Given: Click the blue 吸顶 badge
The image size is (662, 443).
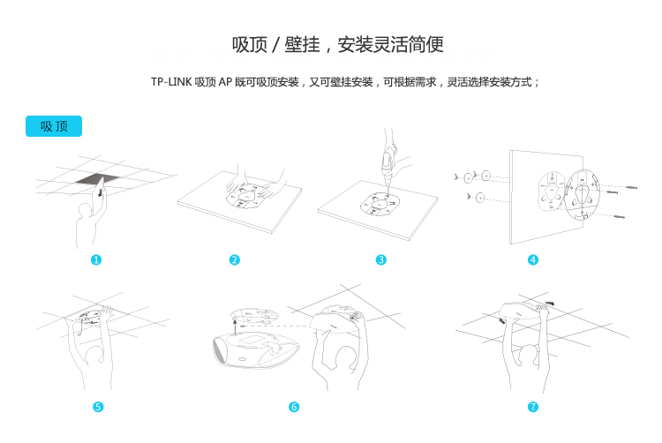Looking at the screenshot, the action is click(54, 126).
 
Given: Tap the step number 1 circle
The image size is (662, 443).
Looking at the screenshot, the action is click(96, 260).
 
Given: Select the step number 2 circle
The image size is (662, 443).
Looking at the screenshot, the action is click(234, 260).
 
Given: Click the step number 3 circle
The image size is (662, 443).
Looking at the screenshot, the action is click(380, 260).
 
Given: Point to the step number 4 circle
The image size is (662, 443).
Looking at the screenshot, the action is click(533, 260).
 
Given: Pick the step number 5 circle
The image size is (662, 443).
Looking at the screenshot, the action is click(98, 407).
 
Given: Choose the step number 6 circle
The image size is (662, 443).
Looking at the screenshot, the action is click(294, 407).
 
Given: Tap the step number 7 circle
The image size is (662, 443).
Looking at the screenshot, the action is click(533, 407).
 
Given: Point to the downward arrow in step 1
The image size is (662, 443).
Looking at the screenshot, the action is click(100, 192).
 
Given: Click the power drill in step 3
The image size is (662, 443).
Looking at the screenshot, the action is click(387, 164).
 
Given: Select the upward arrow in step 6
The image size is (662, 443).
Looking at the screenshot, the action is click(235, 327).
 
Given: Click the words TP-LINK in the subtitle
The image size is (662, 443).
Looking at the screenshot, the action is click(171, 82).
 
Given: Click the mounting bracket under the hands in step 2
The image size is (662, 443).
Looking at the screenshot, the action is click(246, 198).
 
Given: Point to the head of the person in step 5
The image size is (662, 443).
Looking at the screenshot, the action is click(94, 356).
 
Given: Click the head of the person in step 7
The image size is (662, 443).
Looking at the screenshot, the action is click(530, 355).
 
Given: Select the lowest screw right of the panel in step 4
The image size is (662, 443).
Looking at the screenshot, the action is click(619, 217).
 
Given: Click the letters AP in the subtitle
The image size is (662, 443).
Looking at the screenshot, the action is click(225, 82).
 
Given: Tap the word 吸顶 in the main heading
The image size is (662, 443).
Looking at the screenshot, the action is click(250, 45).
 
